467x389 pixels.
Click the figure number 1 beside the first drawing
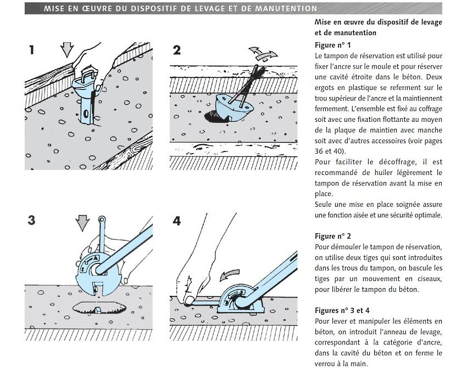point(32,50)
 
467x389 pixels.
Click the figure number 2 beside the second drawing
point(177,50)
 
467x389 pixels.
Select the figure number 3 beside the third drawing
point(32,221)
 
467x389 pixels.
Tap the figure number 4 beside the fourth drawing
point(176,221)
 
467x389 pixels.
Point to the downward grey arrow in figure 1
point(67,49)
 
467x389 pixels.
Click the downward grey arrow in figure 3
point(82,223)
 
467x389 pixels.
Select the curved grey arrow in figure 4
point(230,273)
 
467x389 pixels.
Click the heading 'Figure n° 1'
point(332,45)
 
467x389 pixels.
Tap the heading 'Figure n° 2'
point(332,236)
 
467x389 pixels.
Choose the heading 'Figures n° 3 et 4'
point(342,311)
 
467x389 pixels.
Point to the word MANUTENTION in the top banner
point(286,9)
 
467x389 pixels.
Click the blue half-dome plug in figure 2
point(229,107)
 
